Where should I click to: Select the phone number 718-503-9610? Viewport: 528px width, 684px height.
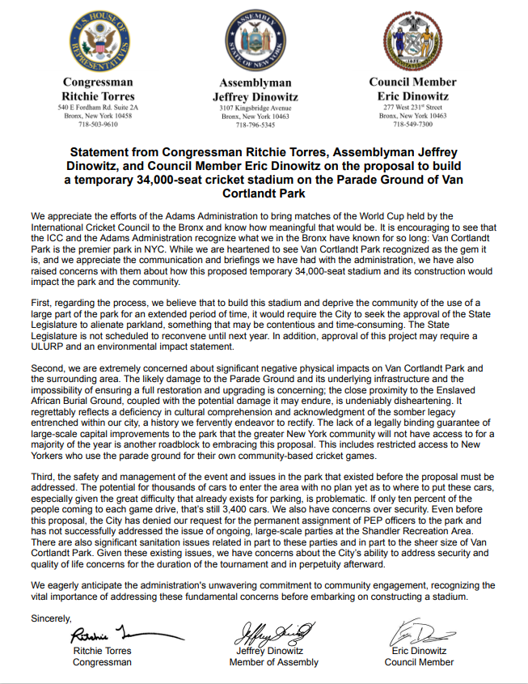pos(98,125)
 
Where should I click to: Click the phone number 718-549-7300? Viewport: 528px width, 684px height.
pos(412,125)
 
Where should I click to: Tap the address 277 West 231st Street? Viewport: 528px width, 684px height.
pos(412,107)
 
